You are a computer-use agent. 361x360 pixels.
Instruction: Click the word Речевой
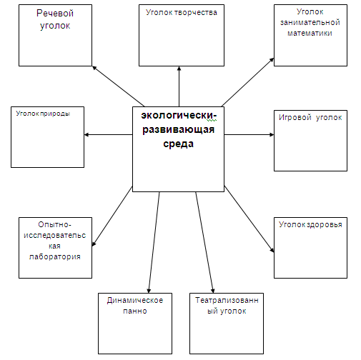55,14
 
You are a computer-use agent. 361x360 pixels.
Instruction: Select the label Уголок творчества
182,12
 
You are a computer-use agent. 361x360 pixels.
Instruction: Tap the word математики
310,33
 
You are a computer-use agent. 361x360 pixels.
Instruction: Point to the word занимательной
310,22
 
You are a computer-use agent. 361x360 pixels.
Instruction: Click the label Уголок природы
43,114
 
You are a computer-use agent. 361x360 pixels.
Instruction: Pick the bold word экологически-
179,115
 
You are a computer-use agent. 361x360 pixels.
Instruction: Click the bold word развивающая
178,129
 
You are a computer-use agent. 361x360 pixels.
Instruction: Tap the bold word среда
178,144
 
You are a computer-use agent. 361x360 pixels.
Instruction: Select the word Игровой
295,117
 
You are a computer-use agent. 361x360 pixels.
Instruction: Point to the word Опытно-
54,224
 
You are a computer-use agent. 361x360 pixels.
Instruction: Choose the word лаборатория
55,256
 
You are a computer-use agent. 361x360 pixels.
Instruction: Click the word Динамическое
135,300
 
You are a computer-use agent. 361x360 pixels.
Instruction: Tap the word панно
135,311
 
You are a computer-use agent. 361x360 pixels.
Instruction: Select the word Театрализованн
227,300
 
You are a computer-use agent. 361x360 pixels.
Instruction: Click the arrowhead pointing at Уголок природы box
86,135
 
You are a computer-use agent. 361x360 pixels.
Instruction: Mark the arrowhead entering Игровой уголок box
272,135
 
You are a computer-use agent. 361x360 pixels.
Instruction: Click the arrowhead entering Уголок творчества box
179,69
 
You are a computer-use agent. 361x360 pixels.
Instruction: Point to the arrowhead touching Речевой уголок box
94,68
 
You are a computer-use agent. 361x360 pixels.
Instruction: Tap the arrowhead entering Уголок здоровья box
272,250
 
